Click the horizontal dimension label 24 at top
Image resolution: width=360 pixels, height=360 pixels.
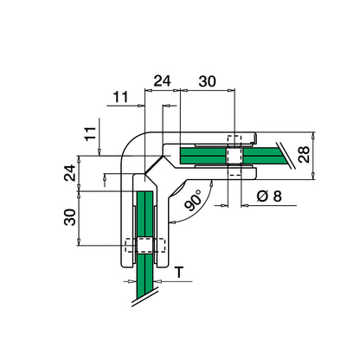coord(162,81)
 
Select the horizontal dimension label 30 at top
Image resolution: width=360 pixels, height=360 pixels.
coord(207,81)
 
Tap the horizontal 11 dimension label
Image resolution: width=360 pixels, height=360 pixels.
coord(120,97)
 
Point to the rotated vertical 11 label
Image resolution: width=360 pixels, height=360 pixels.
coord(90,133)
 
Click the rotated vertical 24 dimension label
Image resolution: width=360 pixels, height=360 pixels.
coord(70,173)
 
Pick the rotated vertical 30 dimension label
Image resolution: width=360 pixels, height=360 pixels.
coord(70,217)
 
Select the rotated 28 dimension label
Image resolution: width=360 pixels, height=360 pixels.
coord(304,155)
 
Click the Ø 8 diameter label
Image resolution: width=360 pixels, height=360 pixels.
coord(268,196)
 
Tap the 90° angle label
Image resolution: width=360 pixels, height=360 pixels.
coord(193,200)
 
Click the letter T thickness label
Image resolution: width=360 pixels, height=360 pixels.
coord(179,273)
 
